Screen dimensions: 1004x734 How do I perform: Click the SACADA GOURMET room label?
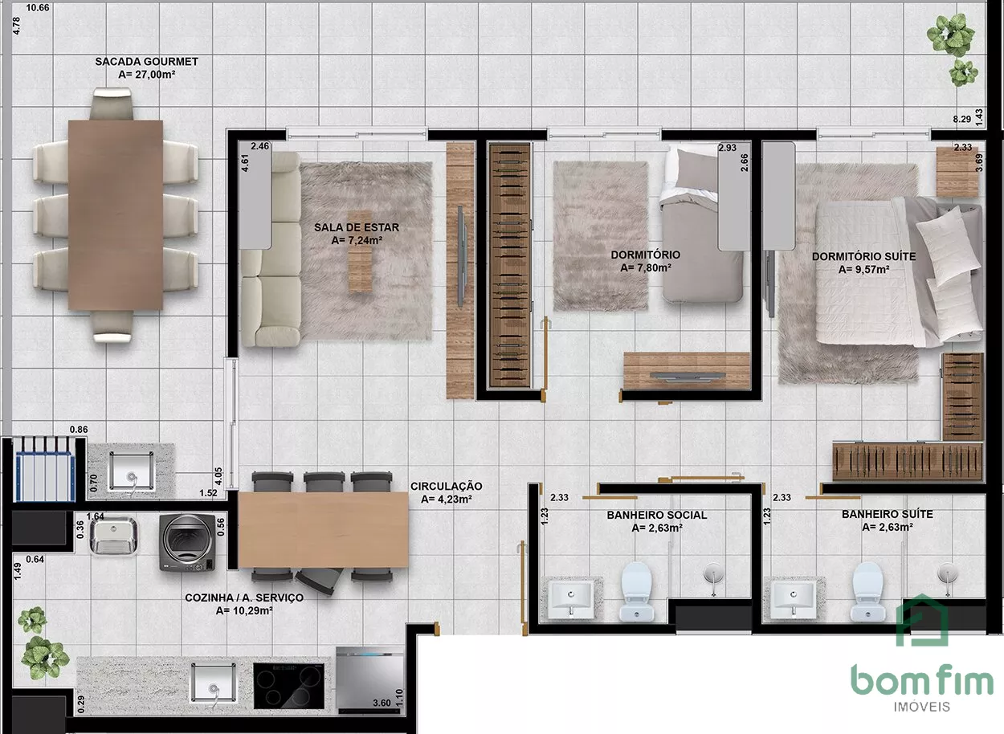(x=146, y=61)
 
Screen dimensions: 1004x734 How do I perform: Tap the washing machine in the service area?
(x=188, y=543)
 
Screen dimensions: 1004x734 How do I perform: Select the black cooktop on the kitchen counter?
(x=288, y=686)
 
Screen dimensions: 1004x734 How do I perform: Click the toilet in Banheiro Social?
(x=636, y=591)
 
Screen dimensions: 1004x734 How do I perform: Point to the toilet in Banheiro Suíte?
(x=867, y=591)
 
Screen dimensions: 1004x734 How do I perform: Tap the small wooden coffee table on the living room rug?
(x=361, y=251)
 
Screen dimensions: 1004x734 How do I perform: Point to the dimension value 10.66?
(x=38, y=7)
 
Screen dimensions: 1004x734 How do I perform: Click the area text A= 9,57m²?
(x=863, y=269)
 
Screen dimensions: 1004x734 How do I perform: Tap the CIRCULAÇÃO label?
(x=446, y=486)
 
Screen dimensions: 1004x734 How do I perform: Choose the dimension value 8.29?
(x=962, y=119)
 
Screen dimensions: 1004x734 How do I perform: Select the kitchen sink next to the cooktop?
(x=214, y=683)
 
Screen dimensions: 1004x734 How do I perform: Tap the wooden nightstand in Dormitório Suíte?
(x=957, y=172)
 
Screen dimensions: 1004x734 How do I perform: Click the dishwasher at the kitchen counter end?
(x=369, y=680)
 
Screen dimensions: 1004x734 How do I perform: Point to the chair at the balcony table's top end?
(x=112, y=104)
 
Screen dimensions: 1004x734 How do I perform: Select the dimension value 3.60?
(x=382, y=703)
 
